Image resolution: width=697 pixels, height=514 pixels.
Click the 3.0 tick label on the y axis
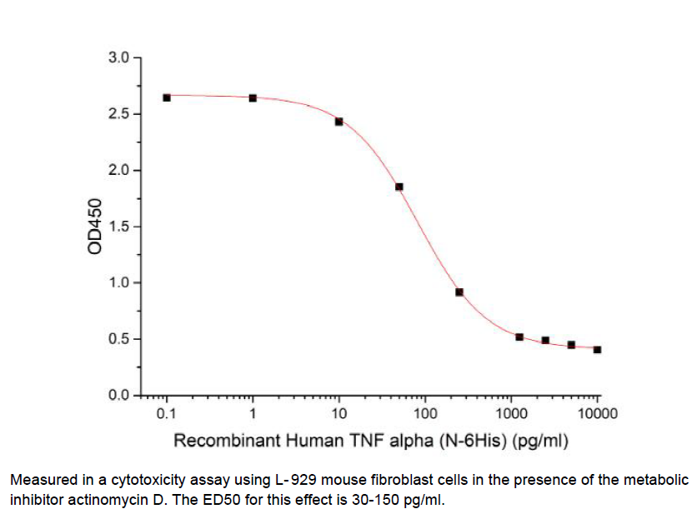click(118, 58)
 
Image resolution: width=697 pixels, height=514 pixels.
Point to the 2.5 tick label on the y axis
click(118, 114)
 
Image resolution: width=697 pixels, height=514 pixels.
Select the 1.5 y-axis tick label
click(118, 227)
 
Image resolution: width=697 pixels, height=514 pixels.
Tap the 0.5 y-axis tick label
click(118, 339)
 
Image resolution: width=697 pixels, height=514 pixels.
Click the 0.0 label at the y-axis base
click(118, 395)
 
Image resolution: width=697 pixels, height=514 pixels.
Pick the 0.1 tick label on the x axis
click(167, 414)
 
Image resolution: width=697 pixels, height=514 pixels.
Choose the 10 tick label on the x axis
click(338, 414)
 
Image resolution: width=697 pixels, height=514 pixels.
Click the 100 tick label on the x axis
click(424, 414)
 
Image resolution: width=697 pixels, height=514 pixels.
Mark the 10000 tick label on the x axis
click(597, 414)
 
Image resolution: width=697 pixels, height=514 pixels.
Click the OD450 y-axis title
click(95, 227)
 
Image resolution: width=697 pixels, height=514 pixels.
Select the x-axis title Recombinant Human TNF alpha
click(370, 440)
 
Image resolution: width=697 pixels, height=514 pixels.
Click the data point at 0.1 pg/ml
click(167, 97)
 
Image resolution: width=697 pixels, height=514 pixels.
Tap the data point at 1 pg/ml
click(253, 98)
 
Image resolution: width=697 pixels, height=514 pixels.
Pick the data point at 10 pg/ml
click(339, 122)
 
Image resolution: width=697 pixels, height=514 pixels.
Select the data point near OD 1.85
click(399, 187)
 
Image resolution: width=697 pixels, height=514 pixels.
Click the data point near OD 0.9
click(459, 292)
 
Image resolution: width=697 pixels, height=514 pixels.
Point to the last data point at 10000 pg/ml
click(597, 350)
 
